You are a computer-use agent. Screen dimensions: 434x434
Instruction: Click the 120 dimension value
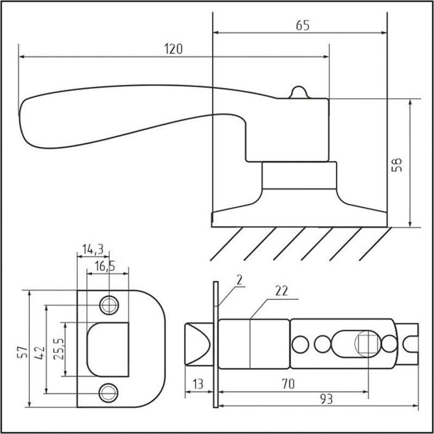click(174, 49)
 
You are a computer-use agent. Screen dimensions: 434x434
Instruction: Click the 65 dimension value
click(303, 25)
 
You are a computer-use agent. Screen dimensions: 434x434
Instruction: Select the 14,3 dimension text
click(93, 250)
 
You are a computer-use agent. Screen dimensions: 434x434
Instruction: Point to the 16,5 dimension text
click(105, 266)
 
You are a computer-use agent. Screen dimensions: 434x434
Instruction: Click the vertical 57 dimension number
click(23, 352)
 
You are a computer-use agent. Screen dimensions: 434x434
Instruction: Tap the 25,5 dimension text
click(59, 349)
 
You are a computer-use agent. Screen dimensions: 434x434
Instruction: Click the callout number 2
click(240, 280)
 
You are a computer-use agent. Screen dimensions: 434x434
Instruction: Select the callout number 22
click(282, 291)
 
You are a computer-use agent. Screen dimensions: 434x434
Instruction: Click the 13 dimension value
click(197, 384)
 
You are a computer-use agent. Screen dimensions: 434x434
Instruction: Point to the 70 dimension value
click(289, 384)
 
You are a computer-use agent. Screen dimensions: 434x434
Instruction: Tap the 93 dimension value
click(327, 399)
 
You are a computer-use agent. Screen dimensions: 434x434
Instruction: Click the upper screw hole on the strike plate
click(109, 305)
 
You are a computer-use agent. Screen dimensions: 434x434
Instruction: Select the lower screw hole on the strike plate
click(108, 393)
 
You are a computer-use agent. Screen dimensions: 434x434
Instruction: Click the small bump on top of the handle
click(299, 92)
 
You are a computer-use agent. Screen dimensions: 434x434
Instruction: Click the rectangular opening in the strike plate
click(108, 349)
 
